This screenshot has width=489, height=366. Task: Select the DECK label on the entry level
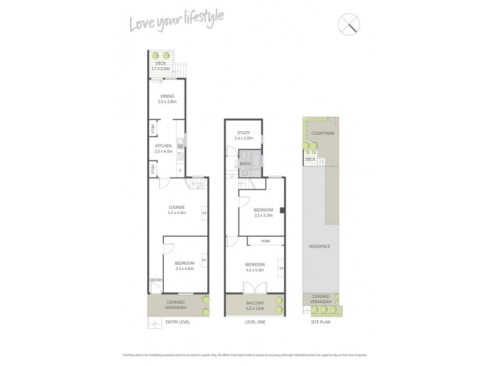(160, 63)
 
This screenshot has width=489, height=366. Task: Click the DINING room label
(167, 96)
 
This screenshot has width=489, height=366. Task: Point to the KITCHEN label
(163, 146)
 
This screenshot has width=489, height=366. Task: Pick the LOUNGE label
(177, 207)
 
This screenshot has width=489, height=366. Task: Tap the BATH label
(244, 163)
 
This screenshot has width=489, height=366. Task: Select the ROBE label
(265, 242)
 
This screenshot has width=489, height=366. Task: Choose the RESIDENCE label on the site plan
(319, 246)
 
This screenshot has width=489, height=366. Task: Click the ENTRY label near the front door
(156, 280)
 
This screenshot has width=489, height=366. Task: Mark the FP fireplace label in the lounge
(204, 213)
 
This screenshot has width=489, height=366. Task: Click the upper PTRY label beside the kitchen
(152, 128)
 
